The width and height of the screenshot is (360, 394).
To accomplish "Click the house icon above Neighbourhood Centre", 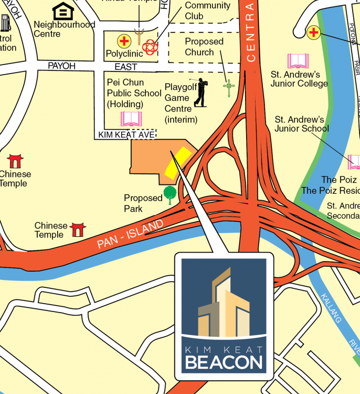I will coord(63,11).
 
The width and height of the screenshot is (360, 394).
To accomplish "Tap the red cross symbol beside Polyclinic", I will coord(124,41).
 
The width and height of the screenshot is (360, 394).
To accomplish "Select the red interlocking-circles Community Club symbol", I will coord(150,47).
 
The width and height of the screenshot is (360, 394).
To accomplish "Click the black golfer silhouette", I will coord(200,92).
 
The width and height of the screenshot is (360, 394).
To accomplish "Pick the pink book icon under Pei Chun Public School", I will coord(131,119).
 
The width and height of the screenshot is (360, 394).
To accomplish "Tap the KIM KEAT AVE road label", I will coord(126,135).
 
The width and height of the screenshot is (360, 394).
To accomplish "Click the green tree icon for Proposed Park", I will coord(170,194).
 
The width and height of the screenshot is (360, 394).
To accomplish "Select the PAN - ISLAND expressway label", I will coord(130,234).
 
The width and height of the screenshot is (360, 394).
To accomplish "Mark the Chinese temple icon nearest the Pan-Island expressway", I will coord(78,229).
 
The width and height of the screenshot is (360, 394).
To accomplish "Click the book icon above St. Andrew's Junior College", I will coord(298,61).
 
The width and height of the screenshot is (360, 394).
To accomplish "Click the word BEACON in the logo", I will coord(224,362).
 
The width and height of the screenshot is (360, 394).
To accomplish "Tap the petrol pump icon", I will coord(5,23).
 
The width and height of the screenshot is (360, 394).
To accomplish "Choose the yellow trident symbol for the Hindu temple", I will coord(140,36).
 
